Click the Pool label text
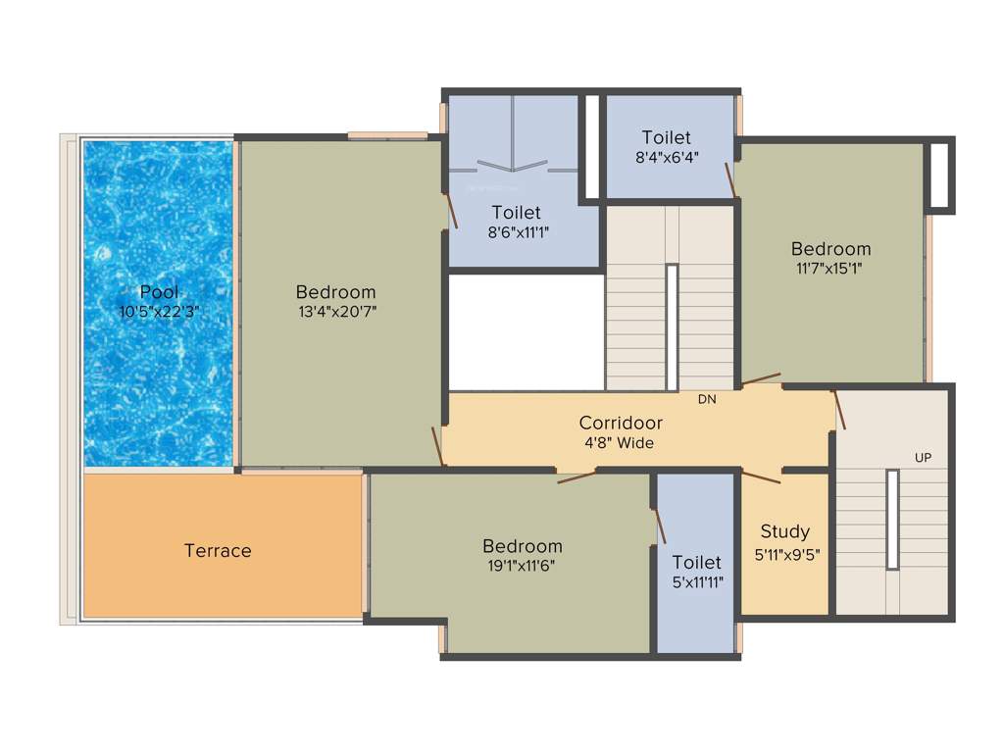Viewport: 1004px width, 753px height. point(159,291)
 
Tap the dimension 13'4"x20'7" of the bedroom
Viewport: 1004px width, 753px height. point(336,312)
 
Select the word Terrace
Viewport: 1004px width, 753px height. point(218,551)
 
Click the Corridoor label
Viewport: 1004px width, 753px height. point(621,423)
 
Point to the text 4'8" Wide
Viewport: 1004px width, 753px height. point(620,443)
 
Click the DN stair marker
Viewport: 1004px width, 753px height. point(707,399)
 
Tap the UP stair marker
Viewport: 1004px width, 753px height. point(923,458)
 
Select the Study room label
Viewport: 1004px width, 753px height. point(785,531)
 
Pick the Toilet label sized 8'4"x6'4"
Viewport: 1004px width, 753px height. point(667,137)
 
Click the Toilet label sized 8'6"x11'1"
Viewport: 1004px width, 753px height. point(517,212)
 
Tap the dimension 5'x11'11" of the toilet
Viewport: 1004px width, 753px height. point(697,582)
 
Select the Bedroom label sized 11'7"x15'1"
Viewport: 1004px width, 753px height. point(831,248)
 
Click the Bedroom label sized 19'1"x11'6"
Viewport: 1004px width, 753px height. point(523,546)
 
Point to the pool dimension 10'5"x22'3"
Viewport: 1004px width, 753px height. point(159,312)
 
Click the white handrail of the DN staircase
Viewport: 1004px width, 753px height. point(672,326)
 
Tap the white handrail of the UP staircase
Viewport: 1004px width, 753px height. point(892,520)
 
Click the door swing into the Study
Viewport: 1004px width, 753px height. point(760,477)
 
